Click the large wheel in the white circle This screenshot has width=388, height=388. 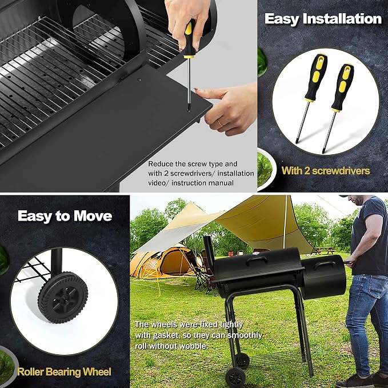point(63,298)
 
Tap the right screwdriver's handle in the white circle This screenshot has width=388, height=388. point(343,88)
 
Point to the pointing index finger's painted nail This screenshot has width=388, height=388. point(197,89)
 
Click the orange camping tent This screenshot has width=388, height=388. point(163,263)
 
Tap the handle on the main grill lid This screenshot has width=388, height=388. point(257,260)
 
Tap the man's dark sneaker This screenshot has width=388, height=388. point(354,382)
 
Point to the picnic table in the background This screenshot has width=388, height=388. point(325,250)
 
